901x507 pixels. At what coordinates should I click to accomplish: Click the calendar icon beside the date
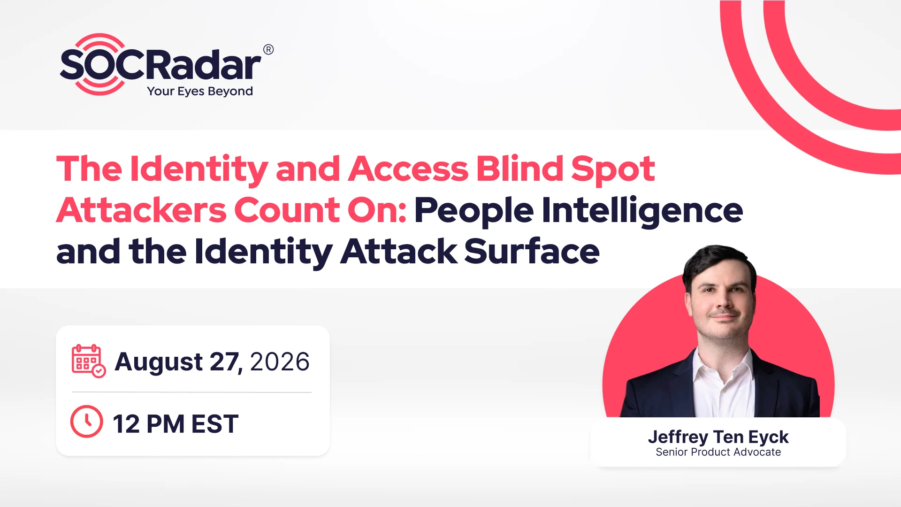(89, 361)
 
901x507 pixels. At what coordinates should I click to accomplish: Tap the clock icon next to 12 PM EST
(86, 422)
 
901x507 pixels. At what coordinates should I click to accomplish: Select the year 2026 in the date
(280, 361)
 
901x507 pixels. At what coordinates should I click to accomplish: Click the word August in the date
(159, 362)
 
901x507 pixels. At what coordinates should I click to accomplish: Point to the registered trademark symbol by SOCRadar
(268, 49)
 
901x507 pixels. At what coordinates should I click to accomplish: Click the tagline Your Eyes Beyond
(200, 91)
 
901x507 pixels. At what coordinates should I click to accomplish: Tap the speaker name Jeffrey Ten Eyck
(718, 437)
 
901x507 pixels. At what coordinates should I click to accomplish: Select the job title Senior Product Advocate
(718, 452)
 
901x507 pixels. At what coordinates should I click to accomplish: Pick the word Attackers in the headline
(141, 210)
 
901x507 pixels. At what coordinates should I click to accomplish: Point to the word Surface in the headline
(532, 251)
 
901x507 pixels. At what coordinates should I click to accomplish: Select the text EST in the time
(215, 424)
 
